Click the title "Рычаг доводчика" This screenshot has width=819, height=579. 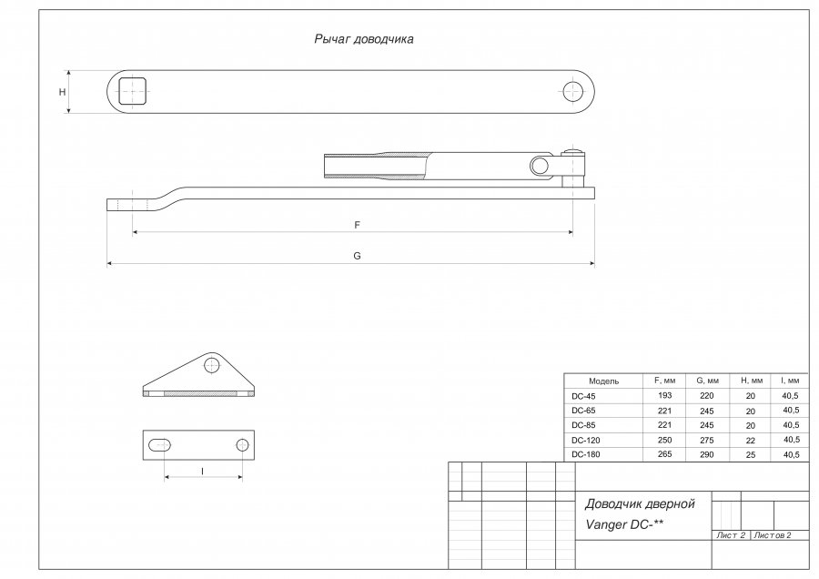pyautogui.click(x=364, y=40)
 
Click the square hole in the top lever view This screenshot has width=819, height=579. pyautogui.click(x=133, y=91)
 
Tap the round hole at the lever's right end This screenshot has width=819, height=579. pyautogui.click(x=572, y=91)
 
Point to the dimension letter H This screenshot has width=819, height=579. pyautogui.click(x=62, y=92)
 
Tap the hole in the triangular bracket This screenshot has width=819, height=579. pyautogui.click(x=211, y=365)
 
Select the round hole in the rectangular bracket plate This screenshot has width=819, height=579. pyautogui.click(x=242, y=444)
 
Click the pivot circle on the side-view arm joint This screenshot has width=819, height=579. pyautogui.click(x=540, y=165)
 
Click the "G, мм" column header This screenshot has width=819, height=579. pyautogui.click(x=707, y=381)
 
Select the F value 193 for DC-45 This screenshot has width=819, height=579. pyautogui.click(x=662, y=396)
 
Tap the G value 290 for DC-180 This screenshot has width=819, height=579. pyautogui.click(x=707, y=453)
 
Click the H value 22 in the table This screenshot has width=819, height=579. pyautogui.click(x=750, y=440)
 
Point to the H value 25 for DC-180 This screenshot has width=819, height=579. pyautogui.click(x=750, y=453)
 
